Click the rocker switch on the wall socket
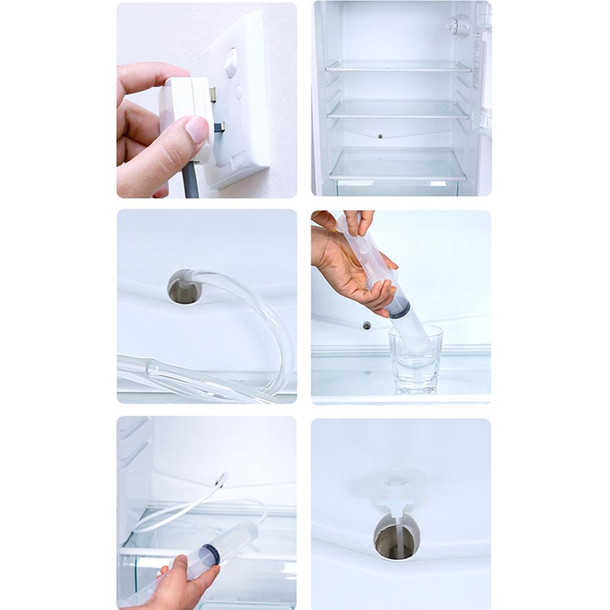tap(231, 63)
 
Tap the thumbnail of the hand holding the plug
tap(207, 100)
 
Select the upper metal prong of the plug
tap(213, 93)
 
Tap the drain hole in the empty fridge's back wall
tap(379, 135)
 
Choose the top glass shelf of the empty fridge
tap(398, 66)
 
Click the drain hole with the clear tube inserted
tap(181, 287)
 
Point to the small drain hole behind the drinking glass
tap(367, 325)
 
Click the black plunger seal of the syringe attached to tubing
tap(211, 556)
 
